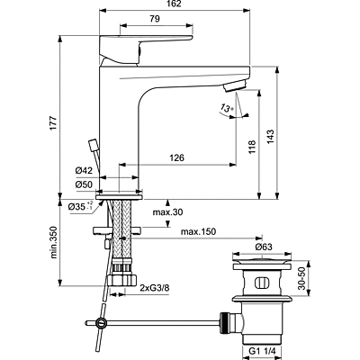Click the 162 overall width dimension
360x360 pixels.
(x=175, y=4)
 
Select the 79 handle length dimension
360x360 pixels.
(x=154, y=19)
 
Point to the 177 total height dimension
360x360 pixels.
(x=53, y=122)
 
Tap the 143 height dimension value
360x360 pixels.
(x=270, y=137)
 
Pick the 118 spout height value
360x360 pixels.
(x=252, y=147)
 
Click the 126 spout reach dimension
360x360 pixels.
(x=176, y=157)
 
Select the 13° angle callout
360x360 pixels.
(x=227, y=107)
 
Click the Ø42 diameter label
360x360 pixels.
(x=84, y=171)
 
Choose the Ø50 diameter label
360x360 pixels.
(x=84, y=184)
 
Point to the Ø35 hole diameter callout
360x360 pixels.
(x=80, y=206)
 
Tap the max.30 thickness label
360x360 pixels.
(x=167, y=212)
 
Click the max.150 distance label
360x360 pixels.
(x=198, y=231)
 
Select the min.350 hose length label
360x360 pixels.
(x=53, y=242)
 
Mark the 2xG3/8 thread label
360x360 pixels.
(x=155, y=288)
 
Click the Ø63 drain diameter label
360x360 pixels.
(x=264, y=247)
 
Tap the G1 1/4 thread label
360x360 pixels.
(x=262, y=350)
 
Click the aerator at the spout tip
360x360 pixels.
(x=235, y=85)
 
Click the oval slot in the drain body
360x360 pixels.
(x=260, y=283)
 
